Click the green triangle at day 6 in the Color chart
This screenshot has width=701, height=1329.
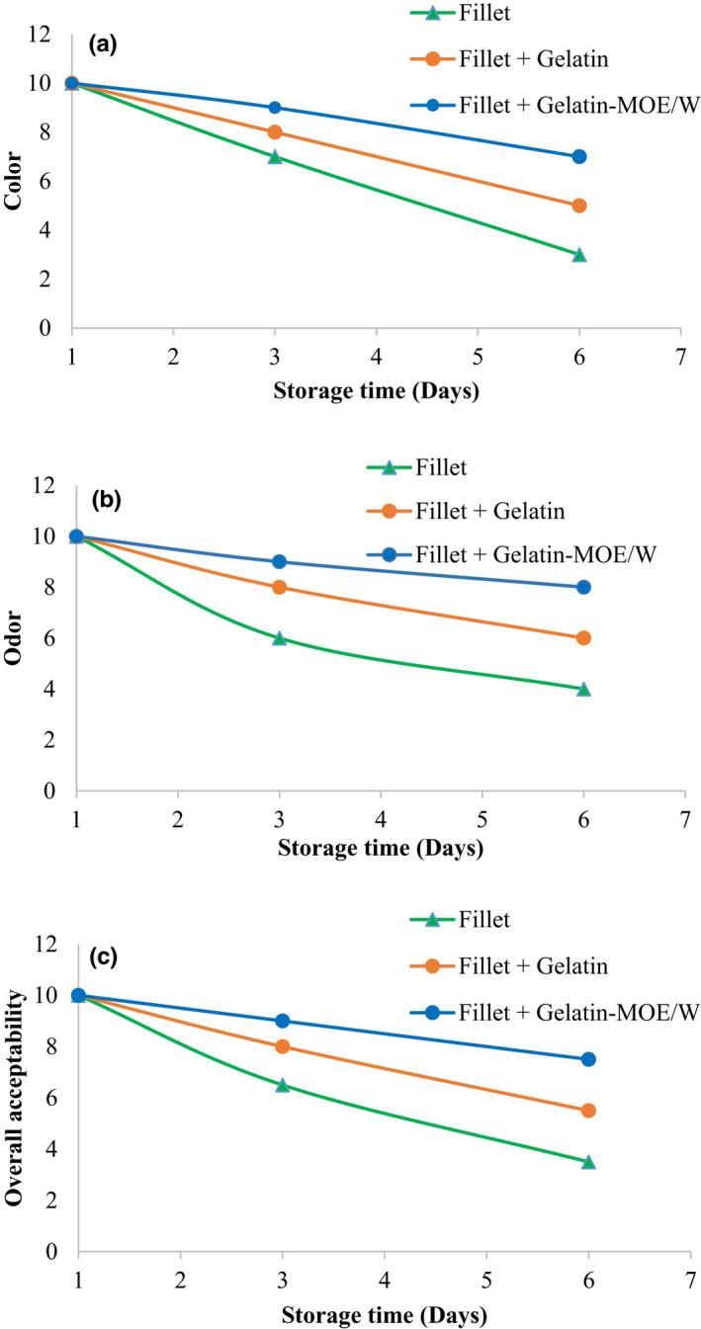pos(579,255)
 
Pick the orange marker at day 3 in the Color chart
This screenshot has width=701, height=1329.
pos(275,132)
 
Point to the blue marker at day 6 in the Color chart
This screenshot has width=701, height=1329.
pos(579,156)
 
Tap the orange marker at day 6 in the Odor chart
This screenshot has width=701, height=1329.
pos(583,638)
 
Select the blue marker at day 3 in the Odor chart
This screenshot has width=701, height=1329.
pos(279,561)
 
